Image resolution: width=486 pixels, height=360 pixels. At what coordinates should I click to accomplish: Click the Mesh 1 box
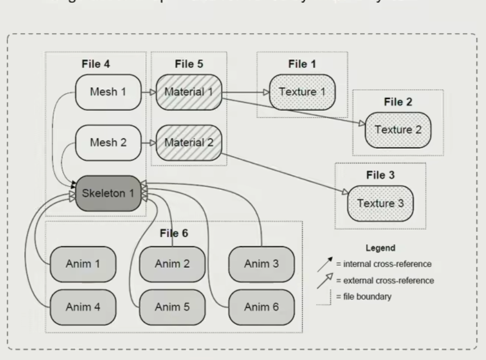click(x=108, y=92)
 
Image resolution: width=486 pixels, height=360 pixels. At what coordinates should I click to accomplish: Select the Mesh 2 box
click(x=108, y=142)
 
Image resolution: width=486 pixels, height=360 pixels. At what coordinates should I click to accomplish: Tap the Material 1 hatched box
click(x=190, y=92)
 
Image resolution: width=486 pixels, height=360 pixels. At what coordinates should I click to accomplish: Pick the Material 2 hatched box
click(x=190, y=142)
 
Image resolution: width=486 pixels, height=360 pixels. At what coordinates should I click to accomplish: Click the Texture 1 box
click(x=302, y=92)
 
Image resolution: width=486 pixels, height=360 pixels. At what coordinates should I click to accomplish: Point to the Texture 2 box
click(x=398, y=130)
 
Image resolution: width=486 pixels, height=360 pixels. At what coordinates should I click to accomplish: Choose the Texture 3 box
click(x=380, y=203)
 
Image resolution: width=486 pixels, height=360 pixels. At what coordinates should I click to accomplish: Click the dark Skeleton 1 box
click(x=108, y=193)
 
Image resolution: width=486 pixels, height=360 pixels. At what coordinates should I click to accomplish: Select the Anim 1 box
click(x=83, y=263)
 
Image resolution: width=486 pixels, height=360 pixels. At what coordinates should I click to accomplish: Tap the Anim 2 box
click(x=172, y=263)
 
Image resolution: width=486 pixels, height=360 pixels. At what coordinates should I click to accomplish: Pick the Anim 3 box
click(x=262, y=263)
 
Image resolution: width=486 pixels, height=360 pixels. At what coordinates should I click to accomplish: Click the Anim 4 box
click(x=83, y=307)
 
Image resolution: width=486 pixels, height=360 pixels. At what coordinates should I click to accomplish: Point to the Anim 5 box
click(x=172, y=307)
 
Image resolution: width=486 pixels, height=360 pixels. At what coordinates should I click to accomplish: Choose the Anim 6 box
click(x=262, y=307)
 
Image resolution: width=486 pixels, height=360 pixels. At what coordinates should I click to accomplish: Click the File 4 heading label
click(x=95, y=64)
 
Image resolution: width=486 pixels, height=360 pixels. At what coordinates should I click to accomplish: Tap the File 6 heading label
click(x=173, y=234)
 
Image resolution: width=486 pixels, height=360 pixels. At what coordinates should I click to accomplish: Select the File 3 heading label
click(x=380, y=175)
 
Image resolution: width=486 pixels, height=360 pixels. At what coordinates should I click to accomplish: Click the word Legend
click(x=380, y=248)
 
